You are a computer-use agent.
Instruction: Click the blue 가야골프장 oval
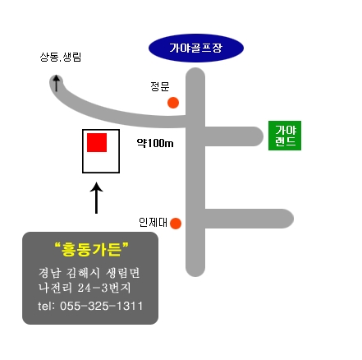[196, 48]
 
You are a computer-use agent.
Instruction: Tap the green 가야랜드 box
[285, 136]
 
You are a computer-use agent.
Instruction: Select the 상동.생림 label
[61, 57]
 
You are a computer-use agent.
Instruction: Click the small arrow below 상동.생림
[57, 83]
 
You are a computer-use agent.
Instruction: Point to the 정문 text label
[160, 86]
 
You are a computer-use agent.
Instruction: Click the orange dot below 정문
[173, 103]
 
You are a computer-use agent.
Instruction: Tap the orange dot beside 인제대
[176, 224]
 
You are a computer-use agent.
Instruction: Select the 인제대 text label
[153, 222]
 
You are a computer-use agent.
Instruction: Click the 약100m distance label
[155, 143]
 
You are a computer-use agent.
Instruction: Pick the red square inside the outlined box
[97, 142]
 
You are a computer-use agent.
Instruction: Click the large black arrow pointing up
[96, 198]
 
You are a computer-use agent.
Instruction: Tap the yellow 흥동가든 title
[91, 249]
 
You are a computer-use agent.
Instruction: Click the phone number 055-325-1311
[101, 306]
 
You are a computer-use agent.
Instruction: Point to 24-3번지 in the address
[104, 288]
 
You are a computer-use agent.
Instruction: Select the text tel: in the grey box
[47, 306]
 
